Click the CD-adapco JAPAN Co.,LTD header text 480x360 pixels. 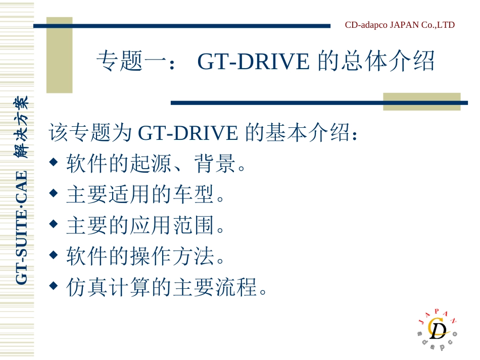click(x=400, y=25)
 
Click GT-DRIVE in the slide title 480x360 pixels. click(x=253, y=62)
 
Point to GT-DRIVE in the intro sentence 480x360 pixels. click(x=187, y=133)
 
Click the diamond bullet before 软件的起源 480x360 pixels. click(x=54, y=163)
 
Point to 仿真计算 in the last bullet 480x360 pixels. click(x=108, y=288)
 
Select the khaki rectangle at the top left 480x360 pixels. click(x=59, y=56)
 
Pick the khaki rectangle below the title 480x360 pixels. click(x=421, y=101)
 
